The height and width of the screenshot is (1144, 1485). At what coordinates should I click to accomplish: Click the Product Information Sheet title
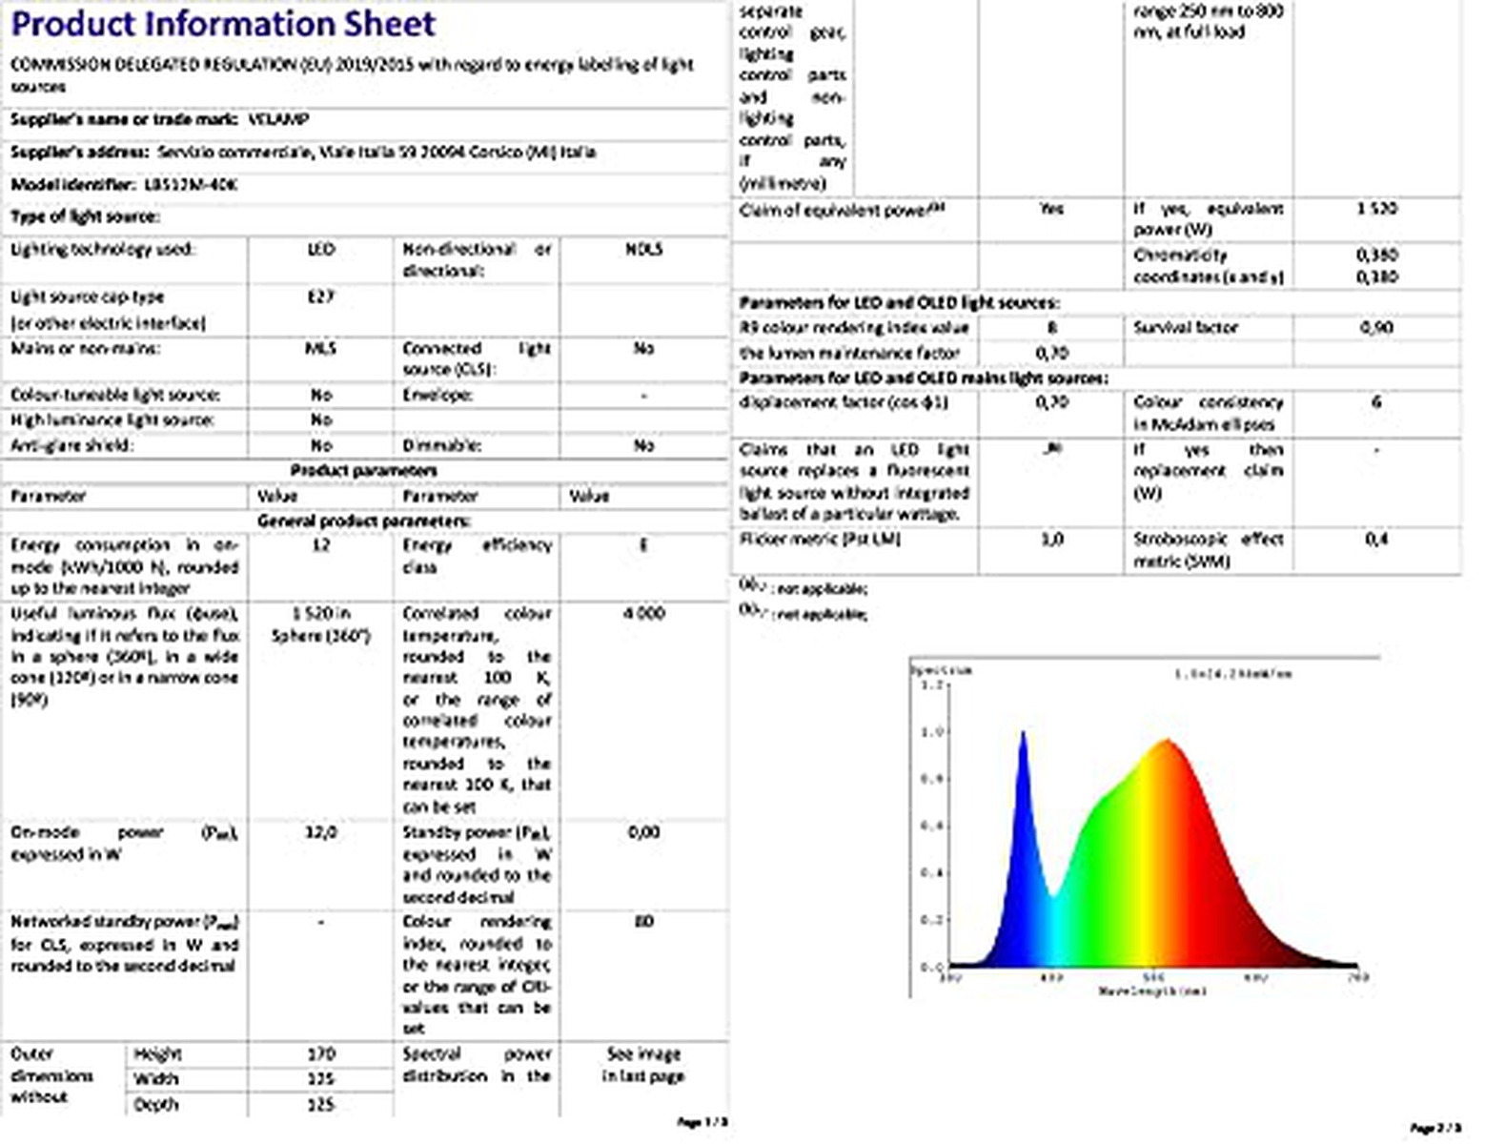click(223, 24)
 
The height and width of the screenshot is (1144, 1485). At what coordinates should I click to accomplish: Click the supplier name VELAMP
click(277, 120)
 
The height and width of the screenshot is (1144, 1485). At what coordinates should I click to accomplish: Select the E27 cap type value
click(321, 296)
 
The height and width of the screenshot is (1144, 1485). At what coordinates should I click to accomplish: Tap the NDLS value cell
click(644, 250)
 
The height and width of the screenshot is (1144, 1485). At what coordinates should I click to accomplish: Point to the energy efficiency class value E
click(644, 545)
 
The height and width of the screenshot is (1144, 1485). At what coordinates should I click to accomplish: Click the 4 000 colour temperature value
click(644, 613)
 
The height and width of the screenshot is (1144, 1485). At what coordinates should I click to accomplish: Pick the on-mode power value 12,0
click(321, 832)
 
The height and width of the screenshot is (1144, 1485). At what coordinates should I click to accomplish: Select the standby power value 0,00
click(644, 832)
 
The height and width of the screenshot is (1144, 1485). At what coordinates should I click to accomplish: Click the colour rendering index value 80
click(644, 922)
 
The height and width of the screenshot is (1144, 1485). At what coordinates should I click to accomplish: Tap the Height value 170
click(321, 1053)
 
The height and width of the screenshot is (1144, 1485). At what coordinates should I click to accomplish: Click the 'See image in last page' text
click(644, 1065)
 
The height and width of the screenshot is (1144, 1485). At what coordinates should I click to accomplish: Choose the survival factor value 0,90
click(1376, 327)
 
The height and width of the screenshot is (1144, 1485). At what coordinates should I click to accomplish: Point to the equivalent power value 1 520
click(1376, 208)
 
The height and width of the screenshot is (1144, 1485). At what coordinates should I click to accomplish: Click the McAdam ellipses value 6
click(1376, 402)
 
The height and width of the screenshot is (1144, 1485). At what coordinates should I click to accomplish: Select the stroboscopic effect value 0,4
click(1376, 539)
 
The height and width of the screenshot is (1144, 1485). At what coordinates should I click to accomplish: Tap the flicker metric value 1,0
click(1050, 539)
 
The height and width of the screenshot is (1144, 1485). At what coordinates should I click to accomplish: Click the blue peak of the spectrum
click(1024, 734)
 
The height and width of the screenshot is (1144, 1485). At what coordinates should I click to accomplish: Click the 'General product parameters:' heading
click(364, 521)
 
